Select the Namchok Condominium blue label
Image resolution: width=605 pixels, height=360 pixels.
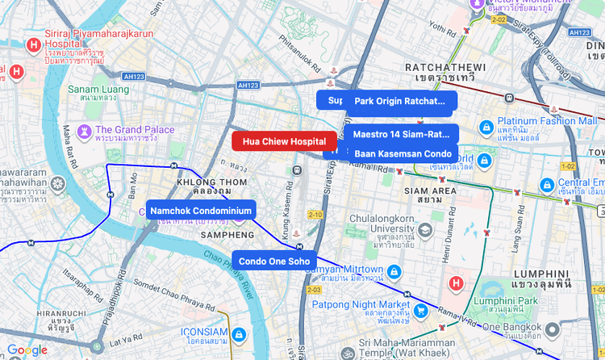[x=201, y=210]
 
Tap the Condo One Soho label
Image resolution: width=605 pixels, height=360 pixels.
[x=274, y=261]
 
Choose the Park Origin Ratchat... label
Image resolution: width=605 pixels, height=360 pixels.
[x=401, y=101]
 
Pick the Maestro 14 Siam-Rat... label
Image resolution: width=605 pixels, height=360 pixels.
[x=402, y=134]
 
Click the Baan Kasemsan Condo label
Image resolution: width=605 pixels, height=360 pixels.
[x=403, y=153]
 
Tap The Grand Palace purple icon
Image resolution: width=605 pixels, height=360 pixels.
[x=84, y=131]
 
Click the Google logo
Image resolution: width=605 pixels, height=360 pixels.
[x=27, y=350]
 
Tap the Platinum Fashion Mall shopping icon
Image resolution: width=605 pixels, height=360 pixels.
[x=486, y=128]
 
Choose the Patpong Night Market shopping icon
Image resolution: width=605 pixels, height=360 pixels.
[x=420, y=309]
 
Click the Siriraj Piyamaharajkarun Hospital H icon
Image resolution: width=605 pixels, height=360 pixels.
[x=35, y=45]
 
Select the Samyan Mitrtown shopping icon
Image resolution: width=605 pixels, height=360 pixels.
[x=394, y=270]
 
